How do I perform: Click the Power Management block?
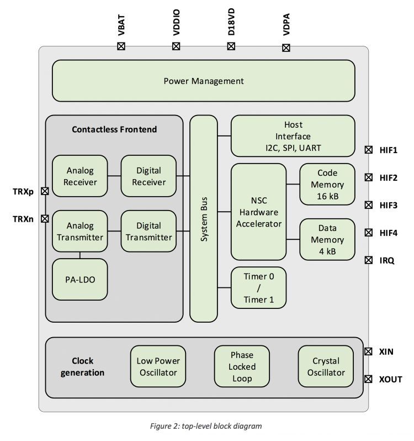[203, 81]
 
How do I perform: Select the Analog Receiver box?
[79, 175]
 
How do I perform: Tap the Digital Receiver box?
[148, 175]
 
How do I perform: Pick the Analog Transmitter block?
[79, 232]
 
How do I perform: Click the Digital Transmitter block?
[148, 232]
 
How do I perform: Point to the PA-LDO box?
[79, 279]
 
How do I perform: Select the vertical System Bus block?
[204, 218]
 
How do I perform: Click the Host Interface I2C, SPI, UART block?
[293, 136]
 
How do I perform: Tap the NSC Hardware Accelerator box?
[258, 211]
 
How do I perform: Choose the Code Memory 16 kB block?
[327, 185]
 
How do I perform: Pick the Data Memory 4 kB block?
[327, 239]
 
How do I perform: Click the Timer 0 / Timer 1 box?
[258, 287]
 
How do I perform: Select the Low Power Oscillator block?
[158, 366]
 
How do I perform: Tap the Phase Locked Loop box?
[242, 366]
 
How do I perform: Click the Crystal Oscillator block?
[326, 366]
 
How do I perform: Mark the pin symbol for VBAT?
[121, 46]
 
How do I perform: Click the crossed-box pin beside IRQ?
[368, 260]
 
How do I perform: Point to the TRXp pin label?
[23, 192]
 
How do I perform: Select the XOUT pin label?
[390, 379]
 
